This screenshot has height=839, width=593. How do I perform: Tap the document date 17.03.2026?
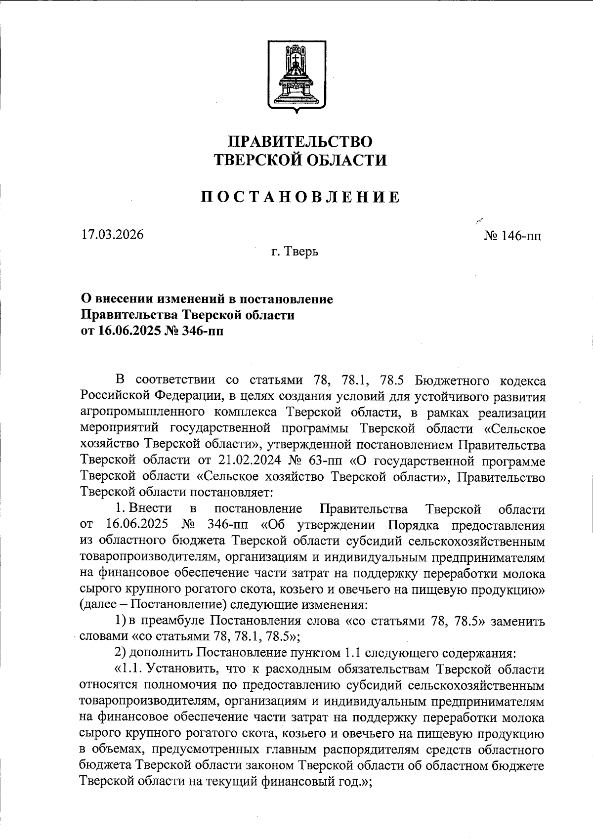113,234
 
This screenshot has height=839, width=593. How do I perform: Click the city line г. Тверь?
295,252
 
